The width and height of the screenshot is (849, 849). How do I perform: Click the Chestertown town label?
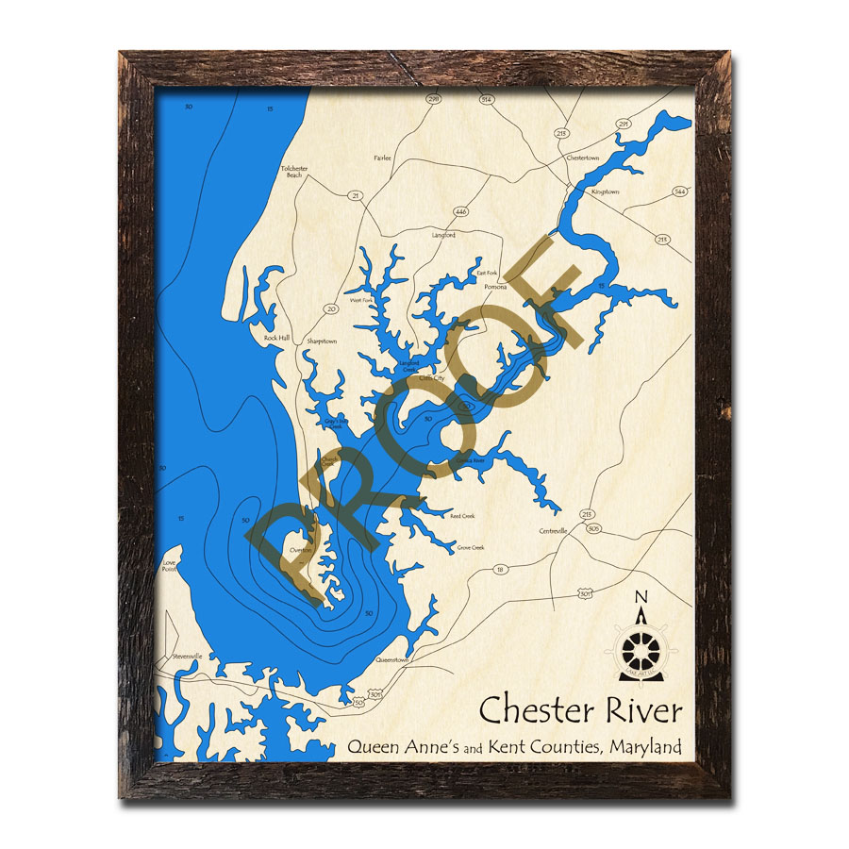pos(582,158)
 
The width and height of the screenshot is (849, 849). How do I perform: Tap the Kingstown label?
pos(605,191)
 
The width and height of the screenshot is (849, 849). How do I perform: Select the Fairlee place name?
pos(382,158)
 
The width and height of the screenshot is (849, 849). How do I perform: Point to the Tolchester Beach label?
pos(294,172)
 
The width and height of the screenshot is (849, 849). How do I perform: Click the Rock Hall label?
pos(276,338)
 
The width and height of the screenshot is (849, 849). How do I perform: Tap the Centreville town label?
pos(553,531)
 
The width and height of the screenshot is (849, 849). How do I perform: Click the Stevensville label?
pos(187,657)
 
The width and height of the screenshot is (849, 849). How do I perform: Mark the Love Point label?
pos(170,566)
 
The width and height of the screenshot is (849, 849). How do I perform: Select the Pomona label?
pos(495,287)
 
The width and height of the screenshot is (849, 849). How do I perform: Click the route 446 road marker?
pos(460,212)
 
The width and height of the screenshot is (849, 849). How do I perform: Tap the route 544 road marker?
pos(679,191)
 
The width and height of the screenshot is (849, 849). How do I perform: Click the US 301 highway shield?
pos(585,593)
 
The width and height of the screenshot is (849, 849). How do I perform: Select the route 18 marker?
pos(500,569)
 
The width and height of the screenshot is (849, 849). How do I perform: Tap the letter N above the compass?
pos(641,597)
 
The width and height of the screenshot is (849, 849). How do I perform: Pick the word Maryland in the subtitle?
pos(645,747)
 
